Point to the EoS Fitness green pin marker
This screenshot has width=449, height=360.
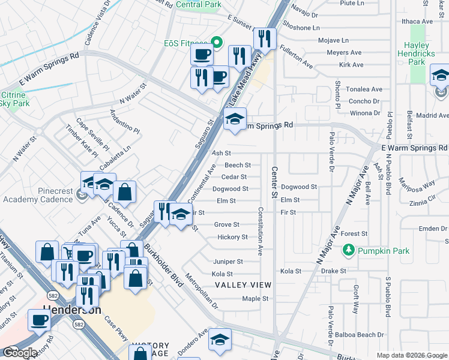[x=217, y=43]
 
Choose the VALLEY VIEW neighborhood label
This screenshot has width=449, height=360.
[x=243, y=284]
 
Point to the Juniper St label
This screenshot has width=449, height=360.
[x=228, y=262]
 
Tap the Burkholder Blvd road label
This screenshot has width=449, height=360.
[x=162, y=265]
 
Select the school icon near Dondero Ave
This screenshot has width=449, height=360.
[x=220, y=339]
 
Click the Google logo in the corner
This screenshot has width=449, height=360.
[x=20, y=353]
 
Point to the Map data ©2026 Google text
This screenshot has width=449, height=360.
[x=411, y=355]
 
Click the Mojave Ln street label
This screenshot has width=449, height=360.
[x=336, y=41]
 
